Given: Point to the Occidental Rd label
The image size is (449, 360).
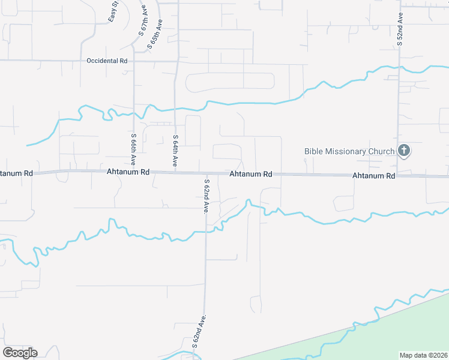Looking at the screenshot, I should pyautogui.click(x=107, y=61).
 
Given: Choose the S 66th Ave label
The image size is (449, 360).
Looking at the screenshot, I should pyautogui.click(x=133, y=149).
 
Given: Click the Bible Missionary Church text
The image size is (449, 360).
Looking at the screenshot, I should pyautogui.click(x=349, y=151).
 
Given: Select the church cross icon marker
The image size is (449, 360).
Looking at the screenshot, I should pyautogui.click(x=404, y=151).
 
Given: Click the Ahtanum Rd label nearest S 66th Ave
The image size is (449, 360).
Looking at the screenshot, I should pyautogui.click(x=128, y=172).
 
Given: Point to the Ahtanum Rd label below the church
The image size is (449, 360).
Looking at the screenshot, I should pyautogui.click(x=374, y=176).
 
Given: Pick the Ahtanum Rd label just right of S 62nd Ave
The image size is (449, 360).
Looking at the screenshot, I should pyautogui.click(x=251, y=174).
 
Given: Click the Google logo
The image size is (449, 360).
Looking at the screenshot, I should pyautogui.click(x=20, y=353).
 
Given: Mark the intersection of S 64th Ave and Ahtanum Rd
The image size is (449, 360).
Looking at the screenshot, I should pyautogui.click(x=175, y=172).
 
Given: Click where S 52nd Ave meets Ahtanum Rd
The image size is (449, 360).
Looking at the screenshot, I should pyautogui.click(x=399, y=176).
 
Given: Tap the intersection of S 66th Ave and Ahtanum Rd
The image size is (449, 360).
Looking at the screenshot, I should pyautogui.click(x=133, y=171).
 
